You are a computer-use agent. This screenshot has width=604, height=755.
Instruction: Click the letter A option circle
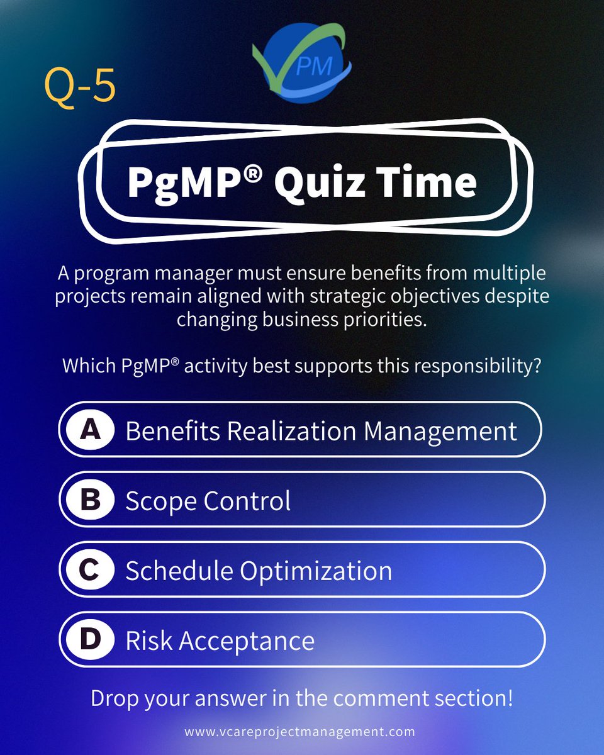[x=90, y=430]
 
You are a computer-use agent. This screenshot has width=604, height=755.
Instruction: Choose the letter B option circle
[x=90, y=500]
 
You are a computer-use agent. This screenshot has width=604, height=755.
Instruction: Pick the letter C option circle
[x=90, y=570]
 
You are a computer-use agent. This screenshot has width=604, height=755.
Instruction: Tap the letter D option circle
[x=90, y=640]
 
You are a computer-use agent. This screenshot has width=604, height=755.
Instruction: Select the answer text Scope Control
[x=208, y=501]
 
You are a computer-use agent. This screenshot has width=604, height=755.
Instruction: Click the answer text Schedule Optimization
[x=259, y=571]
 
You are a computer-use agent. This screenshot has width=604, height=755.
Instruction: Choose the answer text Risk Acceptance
[x=220, y=640]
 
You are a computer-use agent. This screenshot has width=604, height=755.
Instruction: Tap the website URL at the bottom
[x=299, y=732]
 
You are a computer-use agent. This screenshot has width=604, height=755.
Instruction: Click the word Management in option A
[x=440, y=431]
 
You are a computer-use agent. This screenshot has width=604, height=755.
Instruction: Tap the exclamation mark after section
[x=509, y=699]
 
